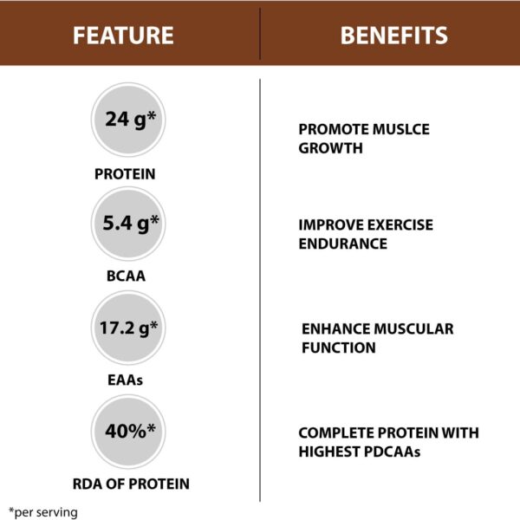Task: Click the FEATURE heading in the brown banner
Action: [123, 36]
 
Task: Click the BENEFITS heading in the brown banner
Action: [393, 36]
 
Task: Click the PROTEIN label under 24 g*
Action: [125, 174]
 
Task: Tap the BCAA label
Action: [125, 278]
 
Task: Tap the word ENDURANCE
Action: [342, 244]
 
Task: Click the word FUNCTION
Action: [338, 348]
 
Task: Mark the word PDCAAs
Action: [396, 452]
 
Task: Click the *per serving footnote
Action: [44, 511]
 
